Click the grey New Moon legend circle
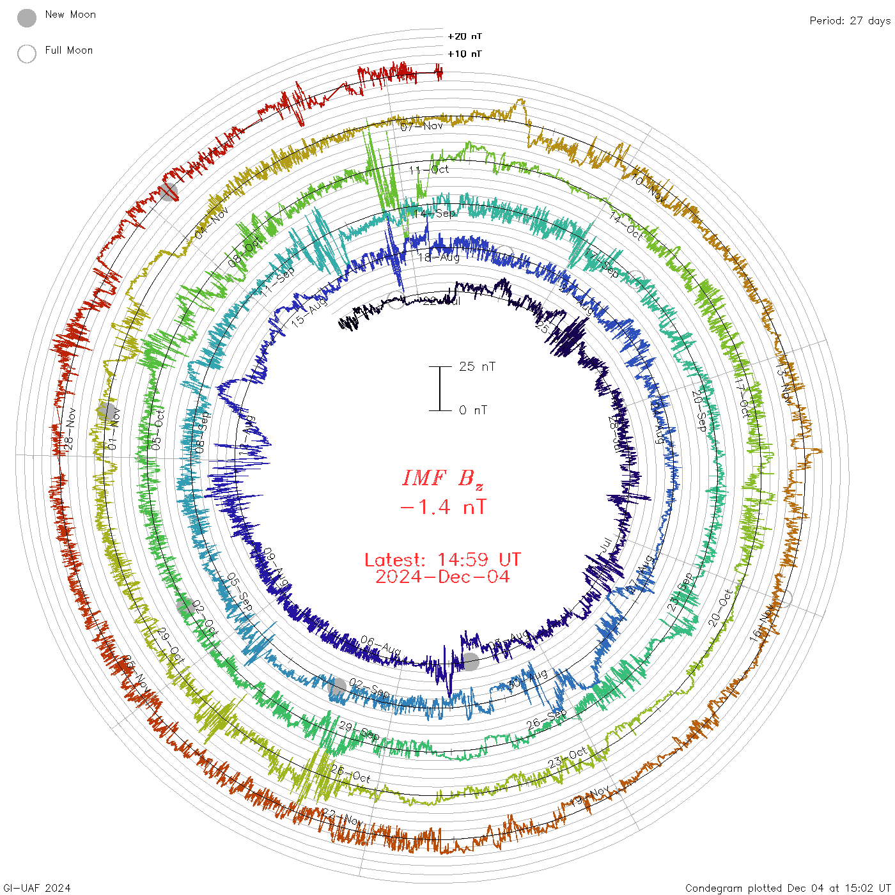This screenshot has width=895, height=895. pyautogui.click(x=27, y=19)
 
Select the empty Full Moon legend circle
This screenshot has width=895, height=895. pyautogui.click(x=27, y=54)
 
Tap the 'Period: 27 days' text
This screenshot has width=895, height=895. pyautogui.click(x=850, y=21)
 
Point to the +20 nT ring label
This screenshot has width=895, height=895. pyautogui.click(x=465, y=36)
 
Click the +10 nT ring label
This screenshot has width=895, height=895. pyautogui.click(x=465, y=54)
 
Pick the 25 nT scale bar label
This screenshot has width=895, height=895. pyautogui.click(x=477, y=366)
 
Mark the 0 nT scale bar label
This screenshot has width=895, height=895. pyautogui.click(x=473, y=410)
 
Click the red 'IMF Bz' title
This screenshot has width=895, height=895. pyautogui.click(x=442, y=478)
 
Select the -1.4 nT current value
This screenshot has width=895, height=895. pyautogui.click(x=442, y=507)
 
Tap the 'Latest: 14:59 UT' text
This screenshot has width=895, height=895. pyautogui.click(x=442, y=560)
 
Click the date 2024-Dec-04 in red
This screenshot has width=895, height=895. pyautogui.click(x=442, y=577)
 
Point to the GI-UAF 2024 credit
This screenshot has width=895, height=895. pyautogui.click(x=36, y=888)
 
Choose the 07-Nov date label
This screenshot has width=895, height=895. pyautogui.click(x=422, y=126)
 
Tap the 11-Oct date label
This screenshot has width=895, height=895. pyautogui.click(x=429, y=169)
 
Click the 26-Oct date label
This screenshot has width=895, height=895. pyautogui.click(x=350, y=774)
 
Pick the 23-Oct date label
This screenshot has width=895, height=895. pyautogui.click(x=568, y=757)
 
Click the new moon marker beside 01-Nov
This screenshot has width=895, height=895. pyautogui.click(x=107, y=411)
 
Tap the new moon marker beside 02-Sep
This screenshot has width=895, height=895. pyautogui.click(x=338, y=687)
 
